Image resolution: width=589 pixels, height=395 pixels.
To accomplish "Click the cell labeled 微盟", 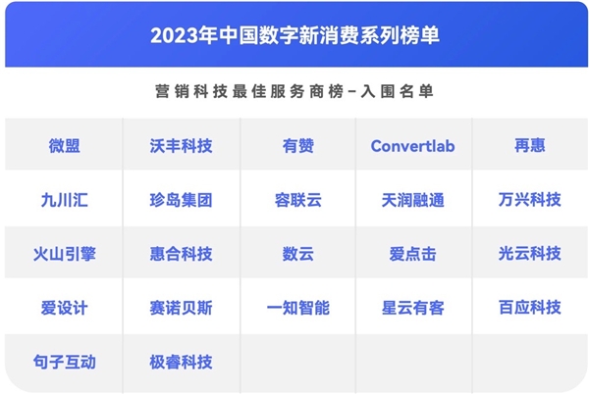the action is click(x=64, y=145).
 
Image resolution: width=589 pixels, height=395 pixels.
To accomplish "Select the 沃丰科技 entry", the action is click(x=181, y=145).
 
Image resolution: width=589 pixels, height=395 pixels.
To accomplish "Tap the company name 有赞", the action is click(x=298, y=145).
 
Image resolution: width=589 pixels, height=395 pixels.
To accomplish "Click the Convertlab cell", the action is click(x=413, y=146).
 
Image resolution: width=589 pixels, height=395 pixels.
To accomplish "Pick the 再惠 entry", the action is click(x=530, y=145).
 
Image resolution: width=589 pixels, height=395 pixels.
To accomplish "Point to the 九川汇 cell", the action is click(x=64, y=200).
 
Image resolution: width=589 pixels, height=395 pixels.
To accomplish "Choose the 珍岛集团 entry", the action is click(x=181, y=200).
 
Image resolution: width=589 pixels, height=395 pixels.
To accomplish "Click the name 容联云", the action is click(x=298, y=200).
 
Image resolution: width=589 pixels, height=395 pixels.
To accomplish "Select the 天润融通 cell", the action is click(x=413, y=200).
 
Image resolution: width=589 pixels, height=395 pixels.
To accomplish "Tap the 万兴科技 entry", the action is click(x=530, y=200).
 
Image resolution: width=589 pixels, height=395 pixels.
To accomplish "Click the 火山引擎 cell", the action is click(x=64, y=254).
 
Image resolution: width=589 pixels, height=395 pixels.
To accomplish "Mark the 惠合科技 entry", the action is click(x=181, y=254).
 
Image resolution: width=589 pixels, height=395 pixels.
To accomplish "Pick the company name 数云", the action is click(x=298, y=254).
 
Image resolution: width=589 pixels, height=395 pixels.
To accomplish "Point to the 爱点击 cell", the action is click(x=413, y=254).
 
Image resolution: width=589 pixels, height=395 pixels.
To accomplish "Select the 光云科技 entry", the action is click(x=530, y=254).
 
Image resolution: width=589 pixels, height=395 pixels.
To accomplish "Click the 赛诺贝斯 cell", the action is click(x=181, y=308).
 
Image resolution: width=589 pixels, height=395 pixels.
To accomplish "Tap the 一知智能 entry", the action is click(x=298, y=308).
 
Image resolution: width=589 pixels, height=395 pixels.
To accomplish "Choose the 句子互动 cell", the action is click(x=64, y=362).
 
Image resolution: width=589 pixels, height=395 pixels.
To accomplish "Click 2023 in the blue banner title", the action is click(x=175, y=35).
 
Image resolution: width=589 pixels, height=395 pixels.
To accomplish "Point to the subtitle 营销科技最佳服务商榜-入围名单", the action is click(x=294, y=91).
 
